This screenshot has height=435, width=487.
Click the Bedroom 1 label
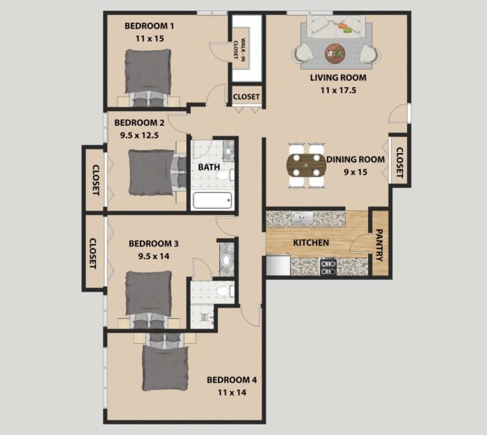click(149, 26)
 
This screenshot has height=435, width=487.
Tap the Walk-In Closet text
click(240, 51)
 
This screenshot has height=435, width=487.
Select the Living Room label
click(337, 78)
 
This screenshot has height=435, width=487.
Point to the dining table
click(306, 166)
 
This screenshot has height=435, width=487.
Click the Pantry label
click(380, 245)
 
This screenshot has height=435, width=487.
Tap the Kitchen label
click(310, 243)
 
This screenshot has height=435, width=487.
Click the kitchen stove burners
click(328, 265)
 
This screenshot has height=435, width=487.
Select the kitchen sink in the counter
click(301, 218)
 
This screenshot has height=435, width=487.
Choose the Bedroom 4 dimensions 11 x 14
click(232, 393)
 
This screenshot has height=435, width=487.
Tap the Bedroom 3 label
click(154, 244)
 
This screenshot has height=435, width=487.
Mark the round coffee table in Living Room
click(335, 52)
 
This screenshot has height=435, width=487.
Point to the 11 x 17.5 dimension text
click(337, 90)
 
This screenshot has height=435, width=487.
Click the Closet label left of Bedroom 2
click(94, 179)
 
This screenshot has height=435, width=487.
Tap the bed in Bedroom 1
click(147, 73)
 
